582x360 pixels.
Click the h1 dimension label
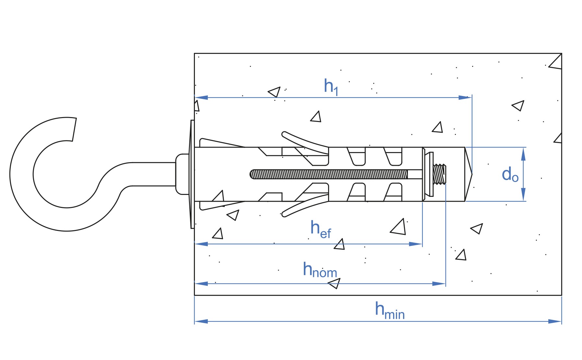tap(331, 87)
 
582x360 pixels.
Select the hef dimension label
tap(321, 229)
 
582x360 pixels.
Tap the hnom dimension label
tap(320, 270)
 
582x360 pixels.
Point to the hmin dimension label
tap(390, 310)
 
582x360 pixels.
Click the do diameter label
tap(510, 174)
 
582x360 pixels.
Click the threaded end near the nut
tap(440, 174)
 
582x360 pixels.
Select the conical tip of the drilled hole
tap(469, 174)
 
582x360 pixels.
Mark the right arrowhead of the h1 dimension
tap(465, 97)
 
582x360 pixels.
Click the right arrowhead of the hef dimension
tap(416, 244)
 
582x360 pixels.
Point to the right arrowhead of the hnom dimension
tap(439, 284)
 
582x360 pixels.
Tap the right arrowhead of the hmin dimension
tap(555, 321)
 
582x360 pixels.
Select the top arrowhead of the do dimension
tap(523, 154)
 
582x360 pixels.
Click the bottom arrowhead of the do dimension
tap(523, 195)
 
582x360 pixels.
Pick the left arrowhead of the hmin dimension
tap(201, 321)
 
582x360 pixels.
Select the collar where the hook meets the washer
tap(182, 174)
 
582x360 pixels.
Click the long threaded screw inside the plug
tap(329, 174)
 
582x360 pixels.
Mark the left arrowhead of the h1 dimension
tap(201, 97)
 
